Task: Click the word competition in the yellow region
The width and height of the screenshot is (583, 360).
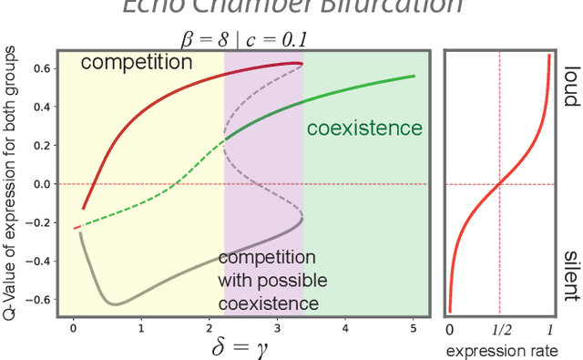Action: click(138, 63)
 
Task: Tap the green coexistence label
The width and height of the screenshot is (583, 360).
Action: click(363, 129)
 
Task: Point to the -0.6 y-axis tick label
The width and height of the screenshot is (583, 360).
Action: click(37, 299)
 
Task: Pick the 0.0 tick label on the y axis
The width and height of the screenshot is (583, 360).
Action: click(40, 184)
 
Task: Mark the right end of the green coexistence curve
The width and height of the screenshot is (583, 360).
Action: click(414, 77)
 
